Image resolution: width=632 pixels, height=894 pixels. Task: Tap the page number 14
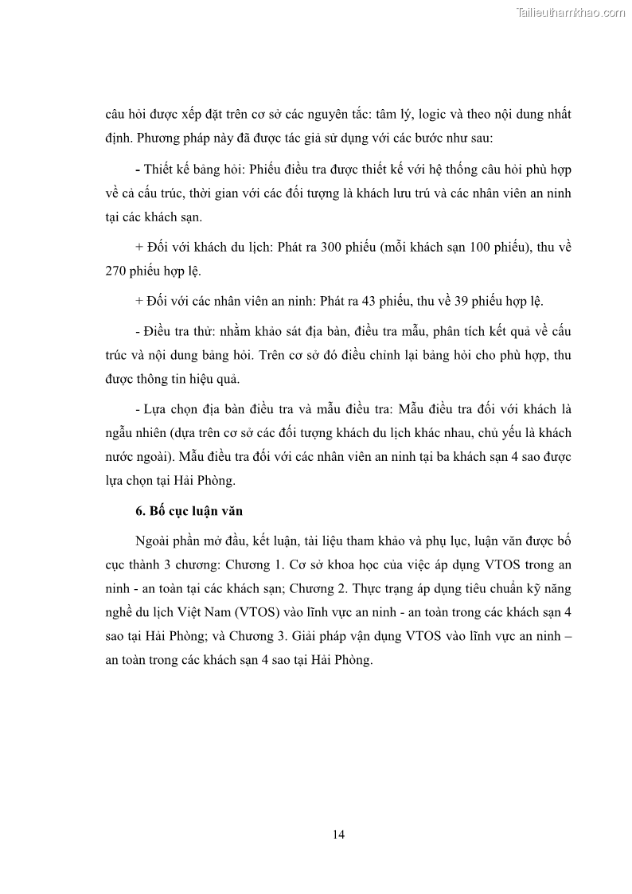tap(338, 834)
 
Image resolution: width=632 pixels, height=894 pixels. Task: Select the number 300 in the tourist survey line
tap(333, 248)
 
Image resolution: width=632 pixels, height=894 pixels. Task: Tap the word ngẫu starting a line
tap(119, 434)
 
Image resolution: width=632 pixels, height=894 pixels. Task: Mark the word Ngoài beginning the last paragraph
tap(153, 541)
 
